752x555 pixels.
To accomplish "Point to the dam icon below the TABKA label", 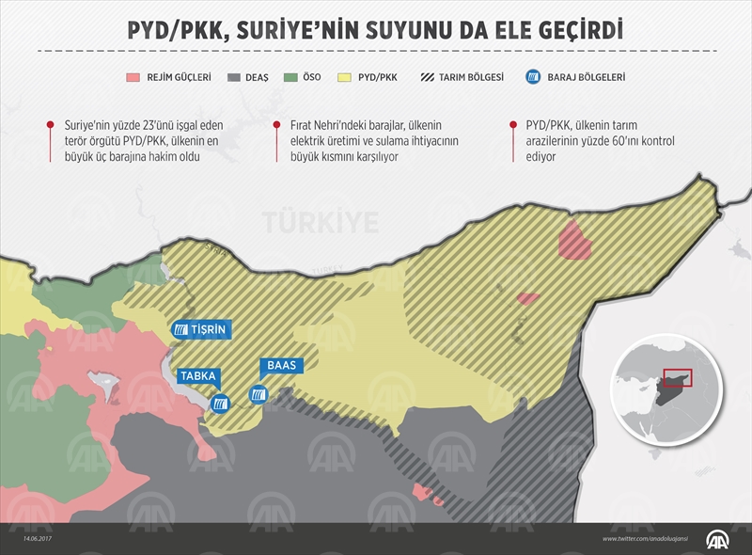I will pyautogui.click(x=220, y=404).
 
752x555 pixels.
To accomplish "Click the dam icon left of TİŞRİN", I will pyautogui.click(x=180, y=330).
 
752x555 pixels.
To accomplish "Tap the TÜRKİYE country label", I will pyautogui.click(x=321, y=222).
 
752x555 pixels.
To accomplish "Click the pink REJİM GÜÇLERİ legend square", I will pyautogui.click(x=133, y=77).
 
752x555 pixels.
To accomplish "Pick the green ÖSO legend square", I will pyautogui.click(x=292, y=77).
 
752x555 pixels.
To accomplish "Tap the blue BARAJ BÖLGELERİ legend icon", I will pyautogui.click(x=532, y=77).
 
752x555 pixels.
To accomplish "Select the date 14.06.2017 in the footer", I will pyautogui.click(x=26, y=539).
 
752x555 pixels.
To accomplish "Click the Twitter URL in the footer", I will pyautogui.click(x=650, y=539).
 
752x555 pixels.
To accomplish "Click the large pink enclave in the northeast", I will pyautogui.click(x=574, y=239).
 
